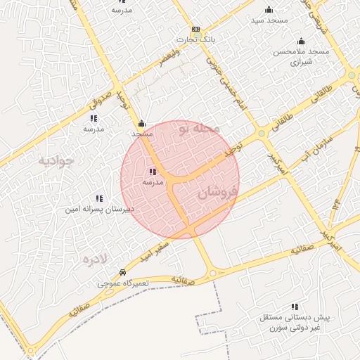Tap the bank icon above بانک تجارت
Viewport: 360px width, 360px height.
[x=195, y=30]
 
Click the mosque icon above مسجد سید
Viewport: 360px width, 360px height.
[x=268, y=9]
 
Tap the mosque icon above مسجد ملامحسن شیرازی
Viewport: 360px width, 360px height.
[x=301, y=41]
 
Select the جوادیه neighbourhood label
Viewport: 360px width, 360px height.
[x=56, y=161]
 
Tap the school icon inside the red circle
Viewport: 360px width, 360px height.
[x=153, y=172]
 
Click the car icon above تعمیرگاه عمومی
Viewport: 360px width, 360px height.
[x=123, y=272]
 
